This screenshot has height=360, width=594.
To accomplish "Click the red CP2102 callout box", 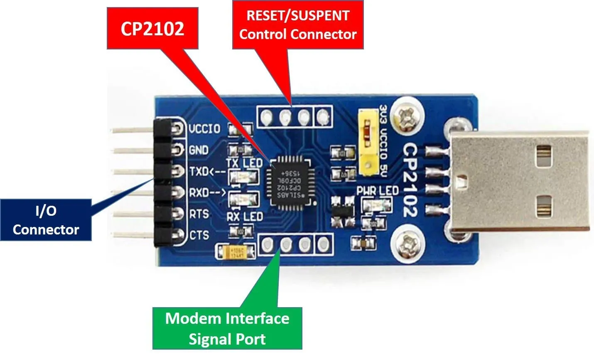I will click(152, 29).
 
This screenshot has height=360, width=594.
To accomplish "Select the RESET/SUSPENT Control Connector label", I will click(298, 25).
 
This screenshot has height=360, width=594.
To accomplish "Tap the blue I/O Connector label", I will click(46, 220).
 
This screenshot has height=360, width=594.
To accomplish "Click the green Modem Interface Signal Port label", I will click(227, 328).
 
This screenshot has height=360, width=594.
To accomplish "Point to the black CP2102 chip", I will click(290, 181).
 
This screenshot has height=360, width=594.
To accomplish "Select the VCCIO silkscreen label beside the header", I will click(204, 128).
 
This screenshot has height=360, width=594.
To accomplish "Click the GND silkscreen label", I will click(199, 150).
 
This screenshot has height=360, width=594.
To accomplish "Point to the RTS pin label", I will click(199, 214).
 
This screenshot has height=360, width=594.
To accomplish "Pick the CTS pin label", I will click(199, 235).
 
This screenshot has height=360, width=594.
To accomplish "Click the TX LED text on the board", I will click(244, 163).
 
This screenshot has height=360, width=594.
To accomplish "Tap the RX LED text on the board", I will click(245, 217).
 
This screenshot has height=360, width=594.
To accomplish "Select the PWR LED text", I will click(378, 191).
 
